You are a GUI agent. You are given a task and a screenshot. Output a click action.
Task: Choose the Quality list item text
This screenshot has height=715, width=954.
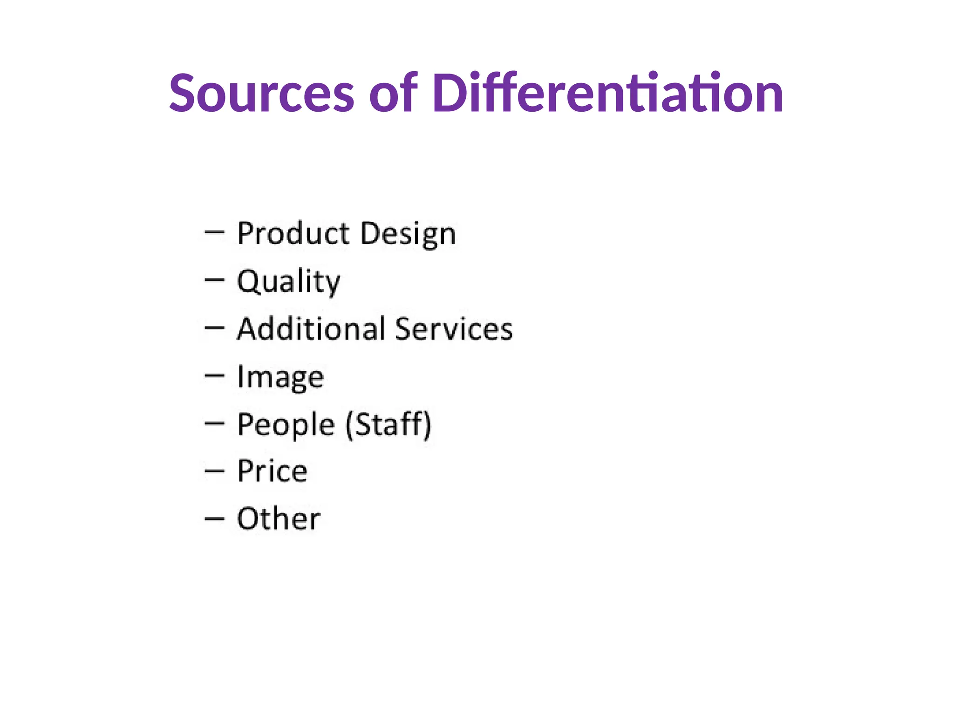coord(288,282)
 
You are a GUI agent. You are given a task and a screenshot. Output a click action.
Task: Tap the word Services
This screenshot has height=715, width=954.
coord(454,329)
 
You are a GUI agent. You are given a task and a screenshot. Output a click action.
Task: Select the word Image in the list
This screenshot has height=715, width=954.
coord(280,378)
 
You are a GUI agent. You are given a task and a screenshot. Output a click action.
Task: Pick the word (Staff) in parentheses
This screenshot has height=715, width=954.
coord(388,425)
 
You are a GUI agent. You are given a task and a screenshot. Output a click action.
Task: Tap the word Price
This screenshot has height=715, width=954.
coord(272,471)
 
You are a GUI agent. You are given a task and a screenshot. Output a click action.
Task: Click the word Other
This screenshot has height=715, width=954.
coord(279,519)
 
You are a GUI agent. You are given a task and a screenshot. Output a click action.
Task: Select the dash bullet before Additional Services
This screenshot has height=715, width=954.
coord(214,327)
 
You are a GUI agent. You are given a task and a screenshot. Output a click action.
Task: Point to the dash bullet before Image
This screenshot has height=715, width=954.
coord(214,375)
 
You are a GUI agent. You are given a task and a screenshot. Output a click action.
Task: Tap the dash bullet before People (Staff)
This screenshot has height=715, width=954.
coord(214,423)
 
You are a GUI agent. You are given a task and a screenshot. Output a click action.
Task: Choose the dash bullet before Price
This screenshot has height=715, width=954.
coord(214,471)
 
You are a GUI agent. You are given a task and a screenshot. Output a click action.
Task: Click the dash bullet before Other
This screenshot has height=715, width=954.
coord(214,518)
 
